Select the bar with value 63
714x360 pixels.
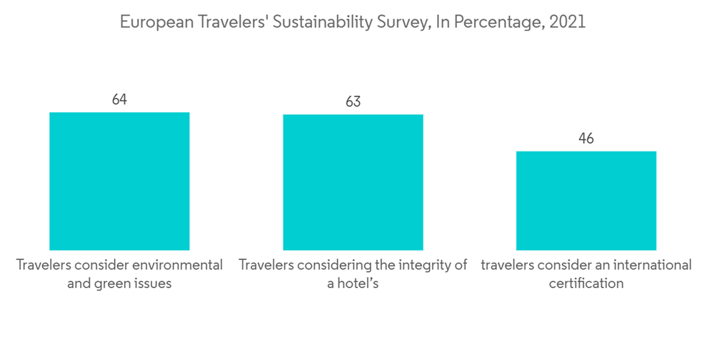coord(353,182)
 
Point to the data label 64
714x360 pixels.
coord(119,99)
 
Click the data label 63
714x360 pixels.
coord(353,101)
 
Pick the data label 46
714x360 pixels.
coord(586,139)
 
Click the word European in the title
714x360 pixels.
coord(152,22)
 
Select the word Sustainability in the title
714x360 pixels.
coord(306,22)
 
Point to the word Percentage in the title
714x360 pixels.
coord(493,22)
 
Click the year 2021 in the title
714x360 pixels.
coord(567,22)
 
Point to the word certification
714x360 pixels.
coord(586,284)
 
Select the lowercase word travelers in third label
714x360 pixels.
coord(508,265)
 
